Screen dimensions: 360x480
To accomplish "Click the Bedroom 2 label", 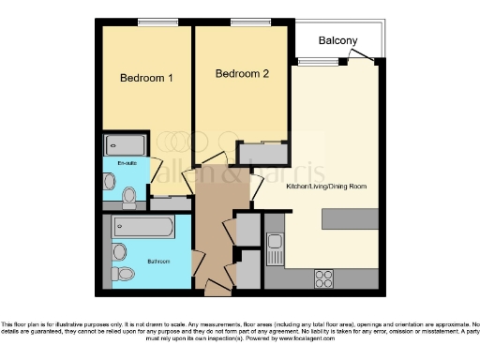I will point(242,73).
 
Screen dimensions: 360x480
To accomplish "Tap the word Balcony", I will point(337,41).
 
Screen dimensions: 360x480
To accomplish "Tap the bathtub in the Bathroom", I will point(142,227).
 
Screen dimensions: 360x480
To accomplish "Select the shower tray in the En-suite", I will point(125,145).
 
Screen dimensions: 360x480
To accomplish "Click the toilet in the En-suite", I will point(129,196).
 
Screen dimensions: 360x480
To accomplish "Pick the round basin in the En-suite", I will point(110,181).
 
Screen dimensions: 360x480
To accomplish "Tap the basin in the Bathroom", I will point(118,251).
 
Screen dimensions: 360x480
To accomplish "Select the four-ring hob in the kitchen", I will point(324,277).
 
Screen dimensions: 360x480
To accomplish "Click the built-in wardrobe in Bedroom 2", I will point(262,154).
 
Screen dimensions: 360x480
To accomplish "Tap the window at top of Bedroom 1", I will point(151,22).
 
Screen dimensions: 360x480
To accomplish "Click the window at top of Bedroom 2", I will point(245,22).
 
